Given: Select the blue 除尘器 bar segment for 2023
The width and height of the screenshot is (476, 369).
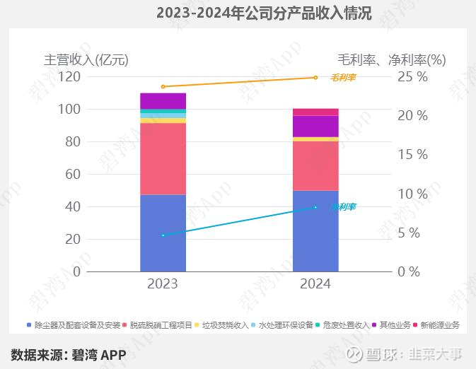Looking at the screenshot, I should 163,233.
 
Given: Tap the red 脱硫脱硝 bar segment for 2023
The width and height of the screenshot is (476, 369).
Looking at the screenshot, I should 163,159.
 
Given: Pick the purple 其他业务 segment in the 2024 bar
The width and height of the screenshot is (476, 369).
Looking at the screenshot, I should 315,126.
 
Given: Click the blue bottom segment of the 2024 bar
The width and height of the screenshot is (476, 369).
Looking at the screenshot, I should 315,231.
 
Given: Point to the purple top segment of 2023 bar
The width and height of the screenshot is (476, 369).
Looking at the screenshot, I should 163,100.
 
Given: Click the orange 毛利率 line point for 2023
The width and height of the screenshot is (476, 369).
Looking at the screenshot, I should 163,86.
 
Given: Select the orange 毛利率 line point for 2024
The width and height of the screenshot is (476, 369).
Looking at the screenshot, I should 315,78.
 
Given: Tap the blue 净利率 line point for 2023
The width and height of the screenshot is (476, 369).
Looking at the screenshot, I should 163,235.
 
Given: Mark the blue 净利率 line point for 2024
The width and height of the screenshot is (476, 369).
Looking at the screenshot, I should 315,207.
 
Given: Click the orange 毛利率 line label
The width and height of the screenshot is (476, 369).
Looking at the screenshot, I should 344,77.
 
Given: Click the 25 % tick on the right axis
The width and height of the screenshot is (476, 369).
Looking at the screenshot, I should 412,77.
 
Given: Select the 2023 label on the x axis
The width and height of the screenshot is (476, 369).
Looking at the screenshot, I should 163,284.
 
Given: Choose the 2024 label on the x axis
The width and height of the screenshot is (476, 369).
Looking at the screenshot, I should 315,284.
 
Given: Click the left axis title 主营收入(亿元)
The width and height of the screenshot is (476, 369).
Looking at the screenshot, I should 86,59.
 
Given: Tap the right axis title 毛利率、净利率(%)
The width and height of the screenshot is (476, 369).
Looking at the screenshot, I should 392,59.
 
